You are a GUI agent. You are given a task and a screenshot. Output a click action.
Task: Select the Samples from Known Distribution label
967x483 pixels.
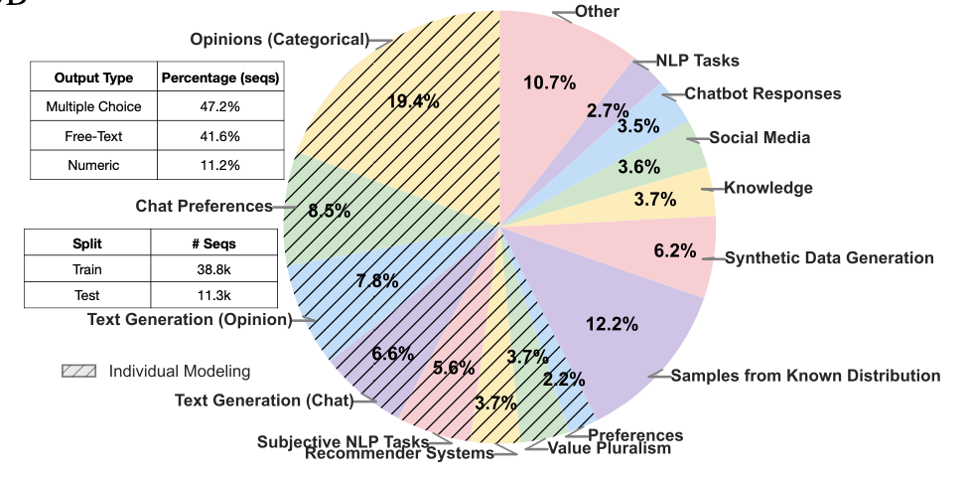[x=805, y=376]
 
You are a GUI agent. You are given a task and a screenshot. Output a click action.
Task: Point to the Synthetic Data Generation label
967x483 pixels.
[x=829, y=258]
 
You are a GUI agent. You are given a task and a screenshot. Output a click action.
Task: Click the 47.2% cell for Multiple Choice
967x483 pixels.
[x=220, y=106]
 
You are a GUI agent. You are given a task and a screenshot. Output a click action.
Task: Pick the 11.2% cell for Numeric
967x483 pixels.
[x=220, y=165]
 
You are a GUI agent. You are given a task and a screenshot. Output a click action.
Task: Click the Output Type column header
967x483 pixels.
[x=94, y=78]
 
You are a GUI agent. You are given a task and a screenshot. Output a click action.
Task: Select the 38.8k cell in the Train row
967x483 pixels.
[x=214, y=269]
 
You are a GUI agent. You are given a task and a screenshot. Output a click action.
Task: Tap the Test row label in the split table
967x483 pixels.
[x=86, y=295]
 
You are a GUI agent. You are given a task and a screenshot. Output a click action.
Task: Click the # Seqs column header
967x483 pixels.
[x=214, y=243]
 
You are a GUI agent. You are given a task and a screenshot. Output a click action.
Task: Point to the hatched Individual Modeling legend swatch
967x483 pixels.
[x=78, y=372]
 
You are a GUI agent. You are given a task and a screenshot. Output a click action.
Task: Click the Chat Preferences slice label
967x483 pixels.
[x=205, y=207]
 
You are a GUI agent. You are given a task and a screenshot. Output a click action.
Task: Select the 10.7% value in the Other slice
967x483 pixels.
[x=550, y=82]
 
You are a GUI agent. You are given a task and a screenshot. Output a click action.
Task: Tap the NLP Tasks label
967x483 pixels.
[x=697, y=61]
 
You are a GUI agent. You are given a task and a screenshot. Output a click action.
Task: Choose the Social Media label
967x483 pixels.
[x=760, y=138]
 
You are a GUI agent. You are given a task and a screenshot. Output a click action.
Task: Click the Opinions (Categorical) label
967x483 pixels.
[x=279, y=40]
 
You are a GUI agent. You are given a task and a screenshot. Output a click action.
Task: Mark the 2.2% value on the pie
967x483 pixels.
[x=564, y=379]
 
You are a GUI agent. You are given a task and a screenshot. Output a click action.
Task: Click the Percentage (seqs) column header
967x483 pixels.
[x=220, y=78]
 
